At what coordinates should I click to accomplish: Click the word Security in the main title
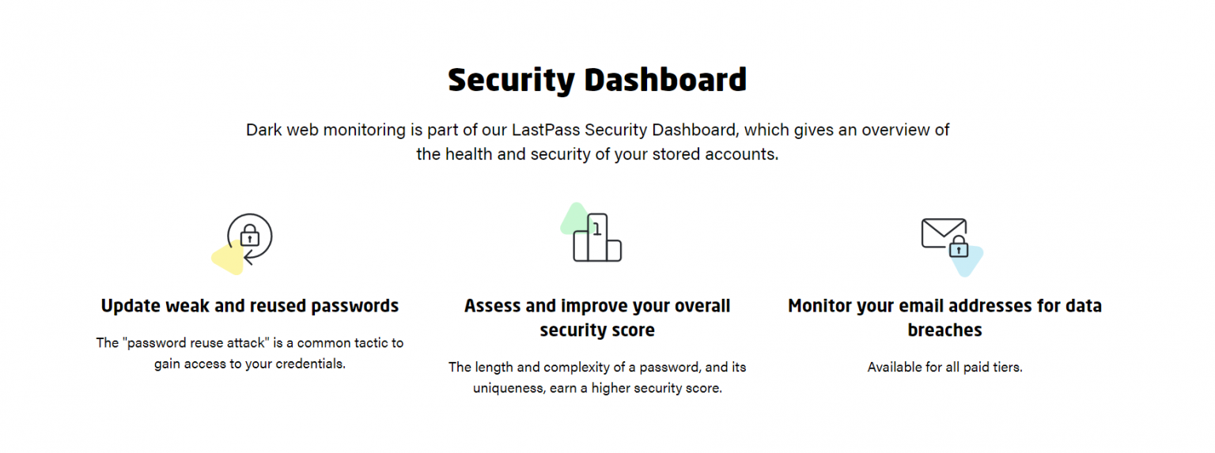512,80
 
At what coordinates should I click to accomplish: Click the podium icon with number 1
597,238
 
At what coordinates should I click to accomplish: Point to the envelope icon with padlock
944,236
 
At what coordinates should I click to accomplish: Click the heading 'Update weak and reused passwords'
250,306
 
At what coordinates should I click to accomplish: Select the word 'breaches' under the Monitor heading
944,330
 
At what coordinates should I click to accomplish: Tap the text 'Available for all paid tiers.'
944,367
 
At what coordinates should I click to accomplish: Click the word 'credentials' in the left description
308,364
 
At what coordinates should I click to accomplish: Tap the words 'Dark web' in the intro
282,130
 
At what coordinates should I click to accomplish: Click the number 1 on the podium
597,228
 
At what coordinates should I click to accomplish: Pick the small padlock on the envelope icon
958,247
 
